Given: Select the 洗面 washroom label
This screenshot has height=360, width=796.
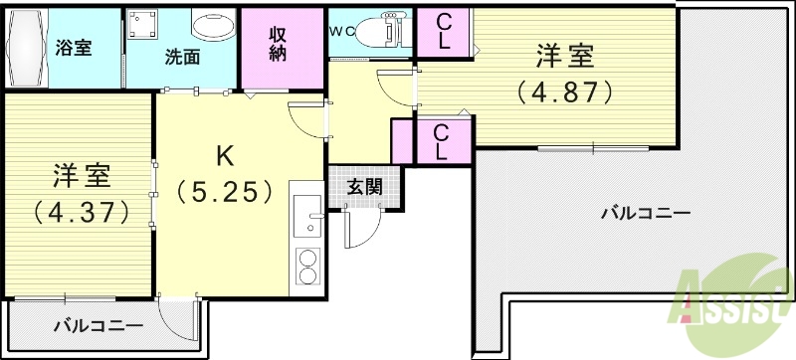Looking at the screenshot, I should (x=183, y=57).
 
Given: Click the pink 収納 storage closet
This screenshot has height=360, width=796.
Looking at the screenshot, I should (x=278, y=43).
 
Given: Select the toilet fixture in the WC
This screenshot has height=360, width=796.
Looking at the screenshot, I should (x=383, y=32).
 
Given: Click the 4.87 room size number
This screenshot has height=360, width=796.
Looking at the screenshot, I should (x=561, y=92).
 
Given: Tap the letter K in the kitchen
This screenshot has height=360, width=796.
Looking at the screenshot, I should (x=226, y=155).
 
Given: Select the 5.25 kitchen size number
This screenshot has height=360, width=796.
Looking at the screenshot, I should (x=225, y=191).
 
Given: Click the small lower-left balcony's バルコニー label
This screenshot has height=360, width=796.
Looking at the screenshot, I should (x=98, y=325).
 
